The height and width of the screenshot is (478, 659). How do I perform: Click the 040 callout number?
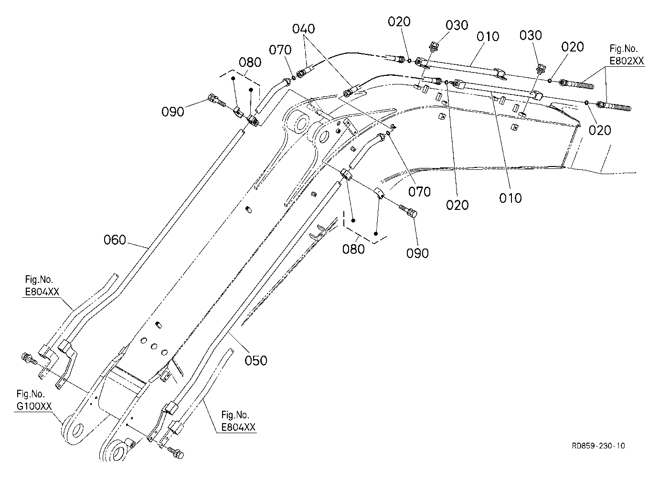(303, 29)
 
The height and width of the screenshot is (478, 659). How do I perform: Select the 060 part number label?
(115, 240)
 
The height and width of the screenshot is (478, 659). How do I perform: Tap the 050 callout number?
(256, 361)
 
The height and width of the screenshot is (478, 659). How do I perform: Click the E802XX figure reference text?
(627, 61)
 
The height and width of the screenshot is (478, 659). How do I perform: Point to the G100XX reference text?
(34, 406)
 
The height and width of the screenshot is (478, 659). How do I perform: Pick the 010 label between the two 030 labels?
(488, 37)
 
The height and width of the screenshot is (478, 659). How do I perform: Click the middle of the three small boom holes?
(154, 347)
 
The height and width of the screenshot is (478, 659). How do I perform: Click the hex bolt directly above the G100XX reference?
(29, 359)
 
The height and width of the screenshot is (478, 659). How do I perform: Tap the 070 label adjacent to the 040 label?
(280, 50)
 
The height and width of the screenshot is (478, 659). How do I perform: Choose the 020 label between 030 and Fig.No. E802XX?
(572, 47)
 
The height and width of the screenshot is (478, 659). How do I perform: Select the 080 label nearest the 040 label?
(250, 62)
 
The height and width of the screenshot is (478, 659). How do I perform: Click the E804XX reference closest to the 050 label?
(238, 427)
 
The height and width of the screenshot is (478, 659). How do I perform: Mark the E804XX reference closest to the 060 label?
(42, 291)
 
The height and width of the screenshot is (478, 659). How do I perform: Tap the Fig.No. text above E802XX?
(624, 48)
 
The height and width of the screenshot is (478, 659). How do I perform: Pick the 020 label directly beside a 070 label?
(457, 205)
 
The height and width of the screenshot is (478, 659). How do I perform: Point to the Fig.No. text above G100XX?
(31, 394)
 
